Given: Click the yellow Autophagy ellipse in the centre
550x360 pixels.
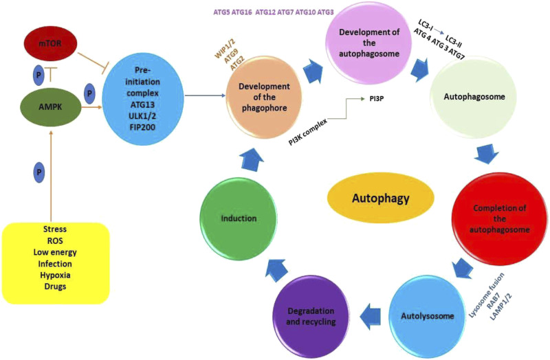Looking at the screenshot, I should (x=380, y=199).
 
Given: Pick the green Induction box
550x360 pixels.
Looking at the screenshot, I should (x=239, y=218).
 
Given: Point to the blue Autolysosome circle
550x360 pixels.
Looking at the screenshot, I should (x=418, y=317).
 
